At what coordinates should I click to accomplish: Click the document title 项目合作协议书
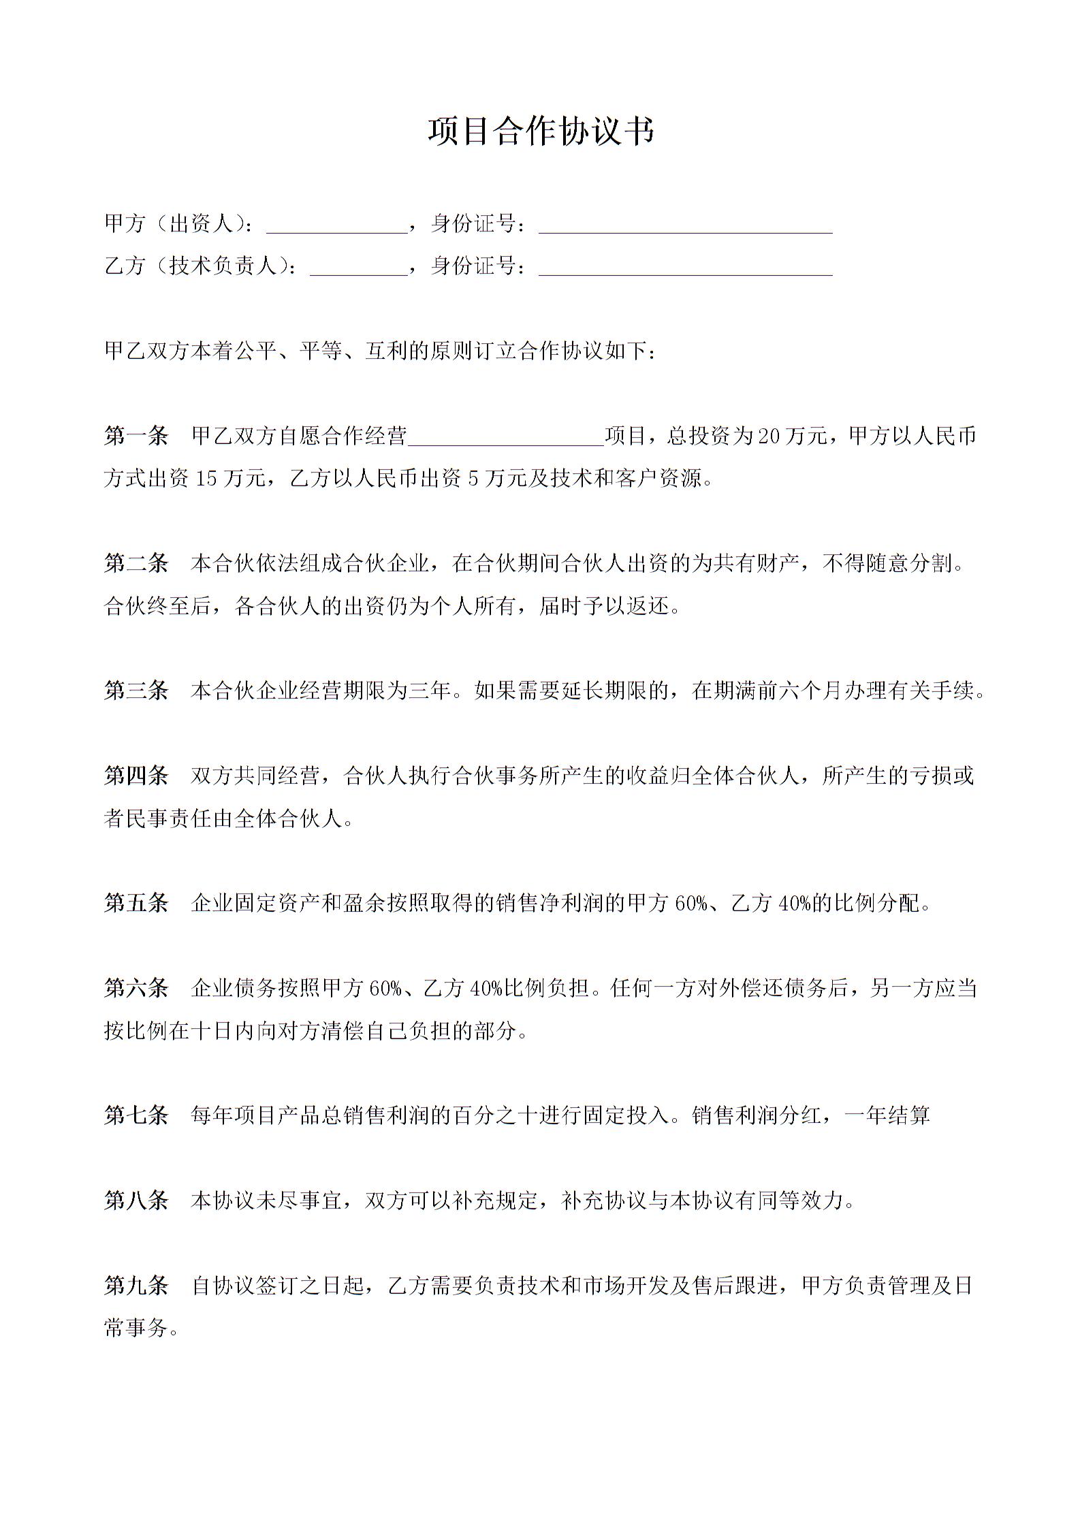[x=541, y=131]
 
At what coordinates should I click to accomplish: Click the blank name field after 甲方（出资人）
[x=336, y=225]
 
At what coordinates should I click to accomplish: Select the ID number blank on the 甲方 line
[x=685, y=225]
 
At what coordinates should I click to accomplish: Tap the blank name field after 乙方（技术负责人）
[x=358, y=267]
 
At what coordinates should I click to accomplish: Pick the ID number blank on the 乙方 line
[x=685, y=267]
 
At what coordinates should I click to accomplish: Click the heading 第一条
[x=136, y=436]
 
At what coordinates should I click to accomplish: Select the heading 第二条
[x=136, y=563]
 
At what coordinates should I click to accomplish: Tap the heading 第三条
[x=136, y=690]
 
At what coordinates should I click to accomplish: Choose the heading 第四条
[x=136, y=776]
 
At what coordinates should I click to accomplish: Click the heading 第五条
[x=136, y=903]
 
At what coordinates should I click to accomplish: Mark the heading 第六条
[x=136, y=988]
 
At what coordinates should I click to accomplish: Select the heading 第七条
[x=136, y=1115]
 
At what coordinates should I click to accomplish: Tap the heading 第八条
[x=136, y=1200]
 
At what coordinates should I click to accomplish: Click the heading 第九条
[x=136, y=1286]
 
